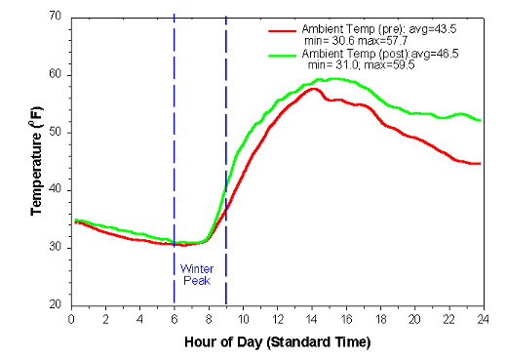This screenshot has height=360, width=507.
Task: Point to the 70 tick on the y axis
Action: pyautogui.click(x=56, y=18)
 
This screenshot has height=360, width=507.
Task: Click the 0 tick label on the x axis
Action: pyautogui.click(x=71, y=319)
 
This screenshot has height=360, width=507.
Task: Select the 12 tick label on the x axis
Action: pyautogui.click(x=277, y=319)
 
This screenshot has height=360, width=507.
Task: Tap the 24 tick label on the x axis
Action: pyautogui.click(x=483, y=319)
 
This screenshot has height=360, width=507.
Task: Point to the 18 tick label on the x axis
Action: pyautogui.click(x=380, y=319)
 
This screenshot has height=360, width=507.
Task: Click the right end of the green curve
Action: pyautogui.click(x=480, y=120)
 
